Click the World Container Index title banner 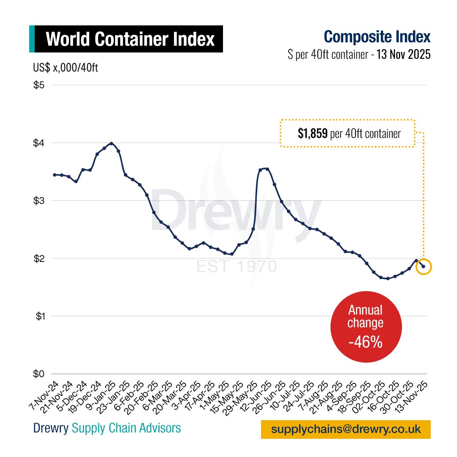(129, 39)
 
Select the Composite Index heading (377, 37)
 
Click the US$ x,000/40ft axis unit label (66, 68)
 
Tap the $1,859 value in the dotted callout (312, 134)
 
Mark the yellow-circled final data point (424, 267)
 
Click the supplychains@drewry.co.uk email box (346, 429)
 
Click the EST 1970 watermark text (237, 267)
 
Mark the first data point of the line (55, 175)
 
